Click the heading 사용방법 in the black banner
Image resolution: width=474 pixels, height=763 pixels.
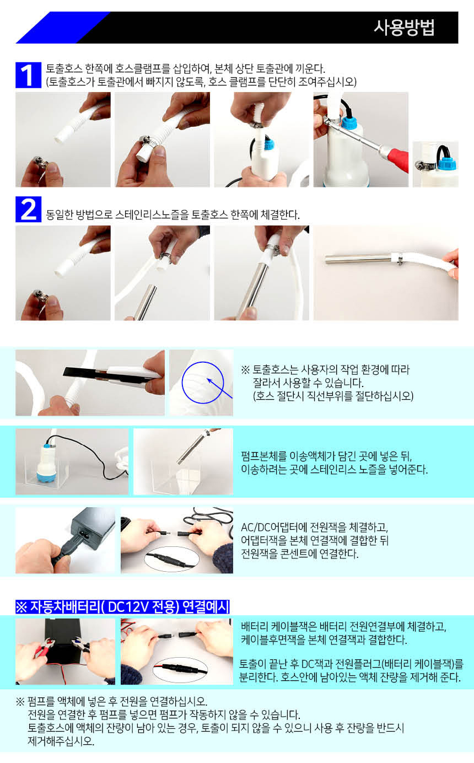point(404,28)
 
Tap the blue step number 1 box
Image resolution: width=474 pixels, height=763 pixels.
point(28,75)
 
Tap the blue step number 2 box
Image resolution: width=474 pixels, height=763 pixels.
point(28,209)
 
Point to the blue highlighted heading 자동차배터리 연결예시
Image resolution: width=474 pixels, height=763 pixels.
point(122,606)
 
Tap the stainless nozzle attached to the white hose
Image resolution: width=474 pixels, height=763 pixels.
point(358,259)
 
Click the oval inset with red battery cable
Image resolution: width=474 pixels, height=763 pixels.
point(180,670)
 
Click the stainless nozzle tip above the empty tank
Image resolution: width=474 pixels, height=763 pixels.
point(180,460)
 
